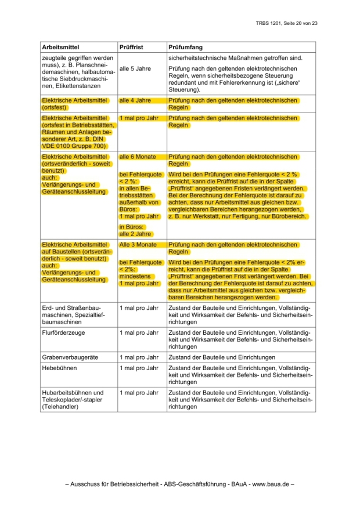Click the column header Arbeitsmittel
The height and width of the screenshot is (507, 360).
click(x=60, y=47)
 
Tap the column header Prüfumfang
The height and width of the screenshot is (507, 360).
click(x=185, y=47)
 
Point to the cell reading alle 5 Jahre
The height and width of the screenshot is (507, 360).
click(x=135, y=68)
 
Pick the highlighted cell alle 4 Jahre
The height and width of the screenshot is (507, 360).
click(x=135, y=100)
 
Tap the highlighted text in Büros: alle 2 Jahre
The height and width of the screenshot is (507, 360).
click(x=135, y=230)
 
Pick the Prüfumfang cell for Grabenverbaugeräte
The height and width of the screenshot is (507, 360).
click(x=221, y=357)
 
